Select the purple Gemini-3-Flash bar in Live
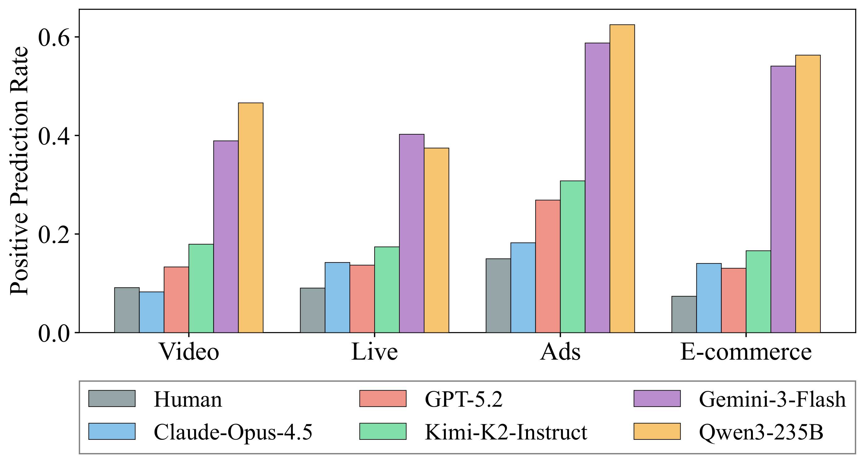411,233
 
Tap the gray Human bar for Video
127,310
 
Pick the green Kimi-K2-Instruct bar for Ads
572,257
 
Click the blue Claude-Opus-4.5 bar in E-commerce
709,298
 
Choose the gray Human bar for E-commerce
684,314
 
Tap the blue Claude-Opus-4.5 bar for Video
151,312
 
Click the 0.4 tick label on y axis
54,136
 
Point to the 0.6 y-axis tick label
54,37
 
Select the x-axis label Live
374,352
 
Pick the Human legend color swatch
112,399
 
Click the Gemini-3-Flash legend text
772,399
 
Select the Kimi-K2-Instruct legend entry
506,432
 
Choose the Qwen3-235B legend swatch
657,431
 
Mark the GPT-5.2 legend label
463,399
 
